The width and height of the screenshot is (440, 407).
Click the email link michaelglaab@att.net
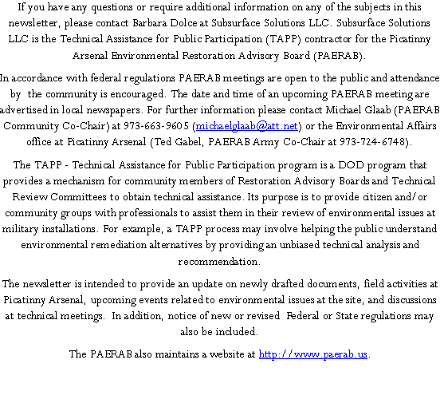pyautogui.click(x=246, y=125)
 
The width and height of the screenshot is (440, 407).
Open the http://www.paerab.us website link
pyautogui.click(x=313, y=354)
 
